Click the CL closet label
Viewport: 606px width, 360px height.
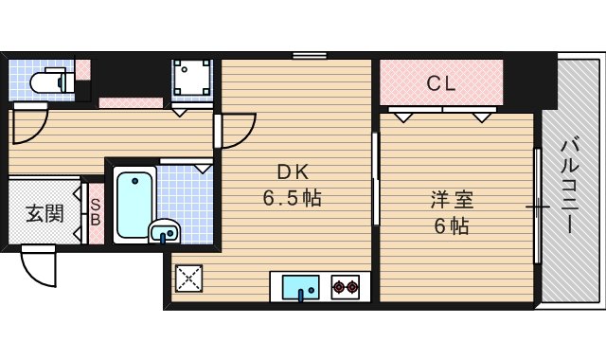tap(441, 83)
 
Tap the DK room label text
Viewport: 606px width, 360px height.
tap(293, 171)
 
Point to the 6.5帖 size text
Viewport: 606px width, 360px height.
tap(292, 199)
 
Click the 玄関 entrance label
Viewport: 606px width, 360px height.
tap(45, 212)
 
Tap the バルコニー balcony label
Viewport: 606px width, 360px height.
tap(571, 186)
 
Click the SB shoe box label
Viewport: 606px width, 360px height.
tap(95, 211)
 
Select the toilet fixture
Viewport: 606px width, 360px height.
tap(46, 82)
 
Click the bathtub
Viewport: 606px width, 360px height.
tap(134, 202)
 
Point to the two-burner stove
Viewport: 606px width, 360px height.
tap(345, 285)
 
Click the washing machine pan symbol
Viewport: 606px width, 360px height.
tap(192, 80)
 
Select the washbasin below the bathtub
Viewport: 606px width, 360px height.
tap(166, 229)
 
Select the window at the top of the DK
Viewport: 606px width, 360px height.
tap(308, 55)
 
